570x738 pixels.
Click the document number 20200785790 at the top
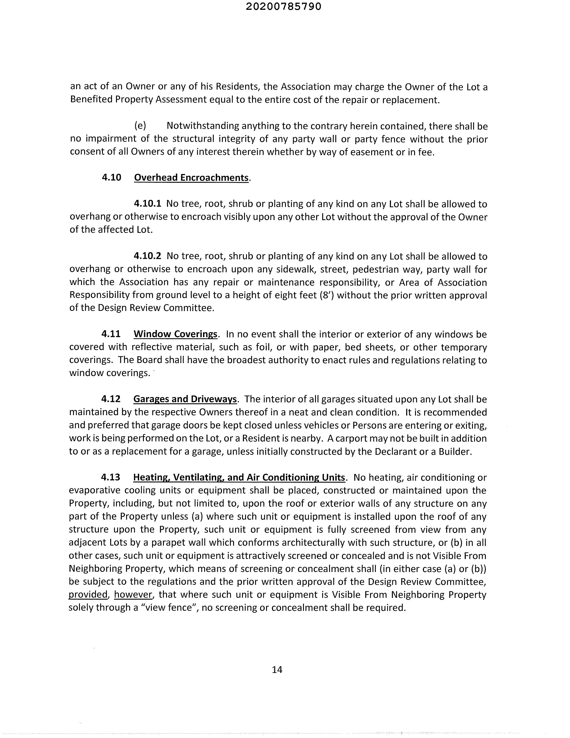coord(284,7)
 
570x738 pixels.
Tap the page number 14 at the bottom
coord(277,669)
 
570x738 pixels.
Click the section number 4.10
coord(111,178)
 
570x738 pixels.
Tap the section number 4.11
coord(111,334)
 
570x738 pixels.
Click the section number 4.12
coord(111,399)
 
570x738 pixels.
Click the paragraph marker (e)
coord(140,126)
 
